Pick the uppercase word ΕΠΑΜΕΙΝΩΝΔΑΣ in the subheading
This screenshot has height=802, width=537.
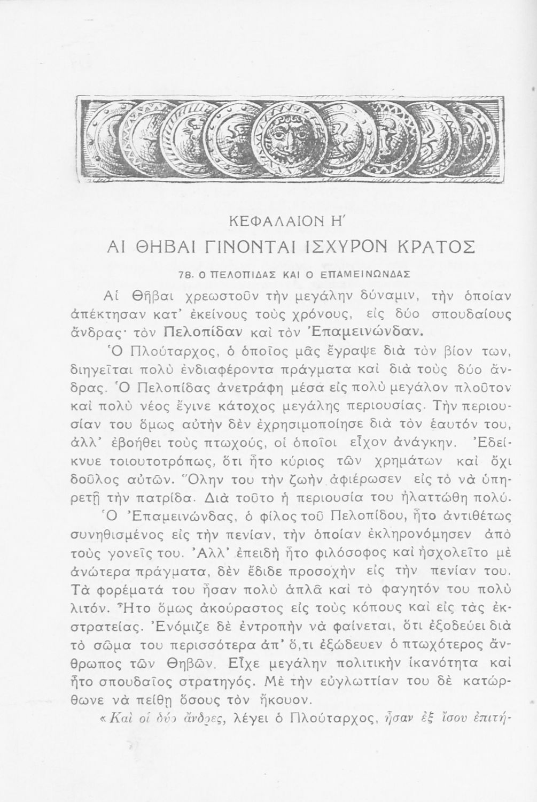pos(362,275)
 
